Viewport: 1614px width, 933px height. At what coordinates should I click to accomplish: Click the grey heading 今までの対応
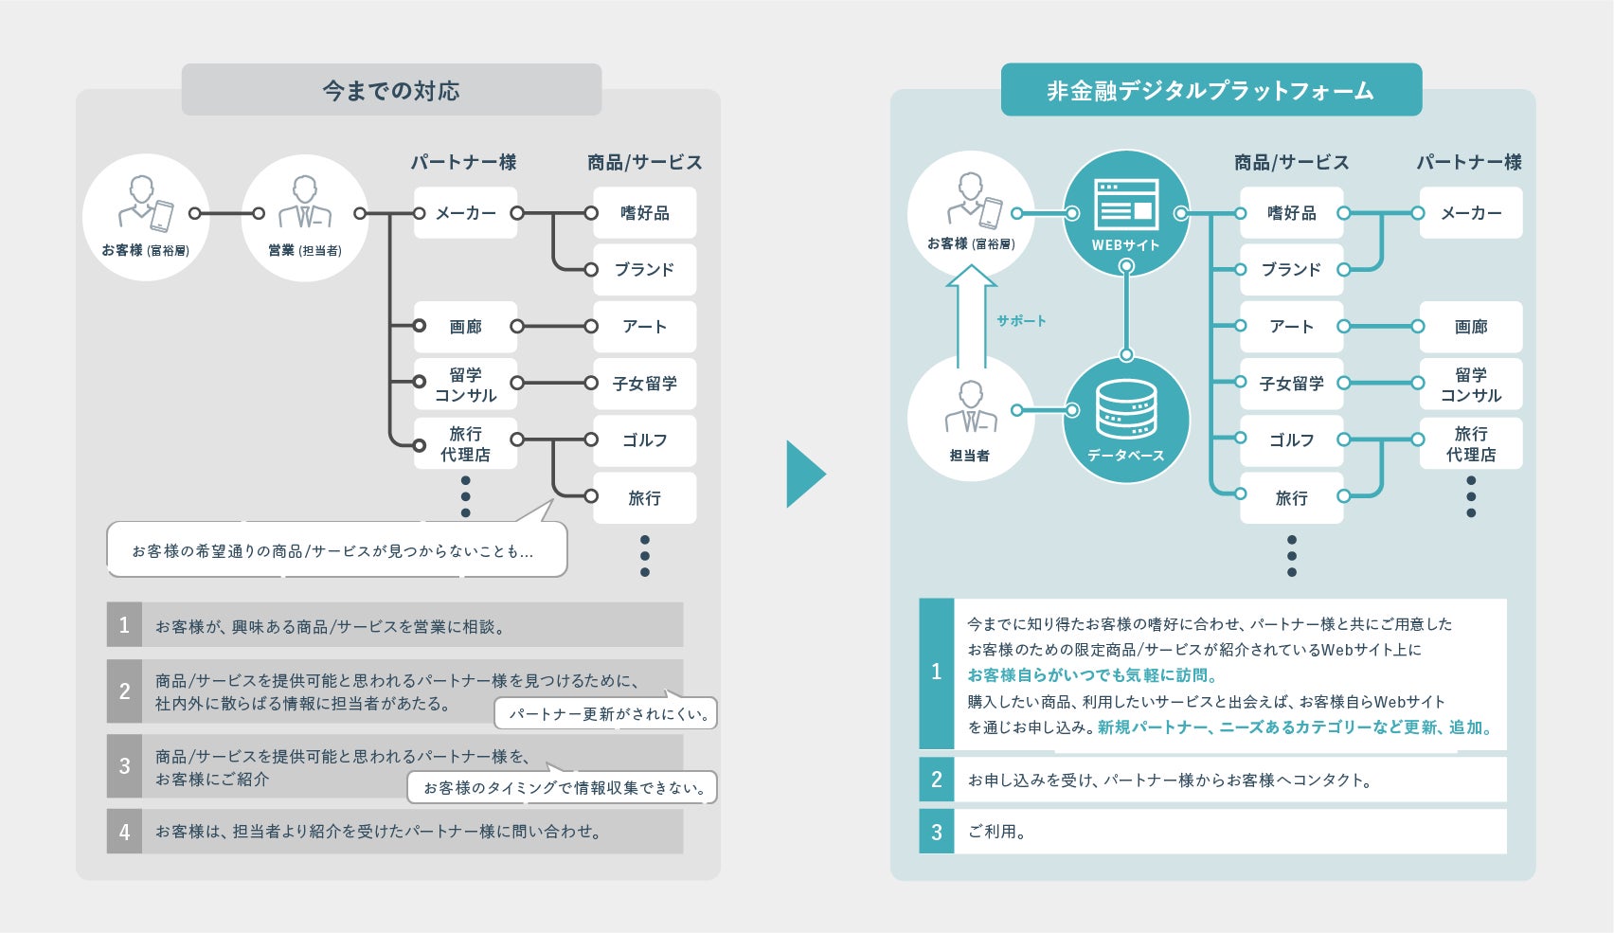click(391, 90)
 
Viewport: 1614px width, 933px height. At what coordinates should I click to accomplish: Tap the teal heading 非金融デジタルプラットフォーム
click(1210, 90)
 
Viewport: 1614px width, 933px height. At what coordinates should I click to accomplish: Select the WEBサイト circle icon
click(1126, 214)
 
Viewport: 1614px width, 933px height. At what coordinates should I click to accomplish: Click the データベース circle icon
click(1126, 419)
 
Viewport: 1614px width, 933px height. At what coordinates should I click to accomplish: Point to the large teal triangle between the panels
click(804, 474)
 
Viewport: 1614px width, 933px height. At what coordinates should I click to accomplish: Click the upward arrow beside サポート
click(971, 317)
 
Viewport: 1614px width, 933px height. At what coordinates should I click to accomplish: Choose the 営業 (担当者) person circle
click(305, 218)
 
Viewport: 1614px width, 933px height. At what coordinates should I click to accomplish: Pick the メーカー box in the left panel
click(465, 213)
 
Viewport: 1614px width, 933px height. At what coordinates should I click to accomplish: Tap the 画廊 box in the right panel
click(1470, 327)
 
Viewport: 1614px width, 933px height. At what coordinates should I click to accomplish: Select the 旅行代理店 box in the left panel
click(465, 443)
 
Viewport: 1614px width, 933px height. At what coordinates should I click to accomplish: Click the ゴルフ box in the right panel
click(1291, 440)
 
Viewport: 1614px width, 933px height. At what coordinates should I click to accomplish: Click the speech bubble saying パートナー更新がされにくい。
click(606, 714)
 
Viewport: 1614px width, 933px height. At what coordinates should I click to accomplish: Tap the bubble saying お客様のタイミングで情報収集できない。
click(563, 787)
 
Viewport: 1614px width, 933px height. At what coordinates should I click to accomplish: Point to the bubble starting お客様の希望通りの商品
click(336, 550)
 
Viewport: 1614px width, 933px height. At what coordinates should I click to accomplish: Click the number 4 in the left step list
click(124, 832)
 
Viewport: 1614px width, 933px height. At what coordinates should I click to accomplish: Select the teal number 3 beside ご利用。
click(936, 832)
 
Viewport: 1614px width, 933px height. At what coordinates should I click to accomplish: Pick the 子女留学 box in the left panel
click(644, 384)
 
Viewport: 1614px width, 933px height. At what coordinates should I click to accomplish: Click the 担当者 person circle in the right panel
click(970, 418)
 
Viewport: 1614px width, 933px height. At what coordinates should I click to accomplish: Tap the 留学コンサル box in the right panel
click(1470, 385)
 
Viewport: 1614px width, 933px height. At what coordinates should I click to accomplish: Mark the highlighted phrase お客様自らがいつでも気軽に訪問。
click(1092, 675)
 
